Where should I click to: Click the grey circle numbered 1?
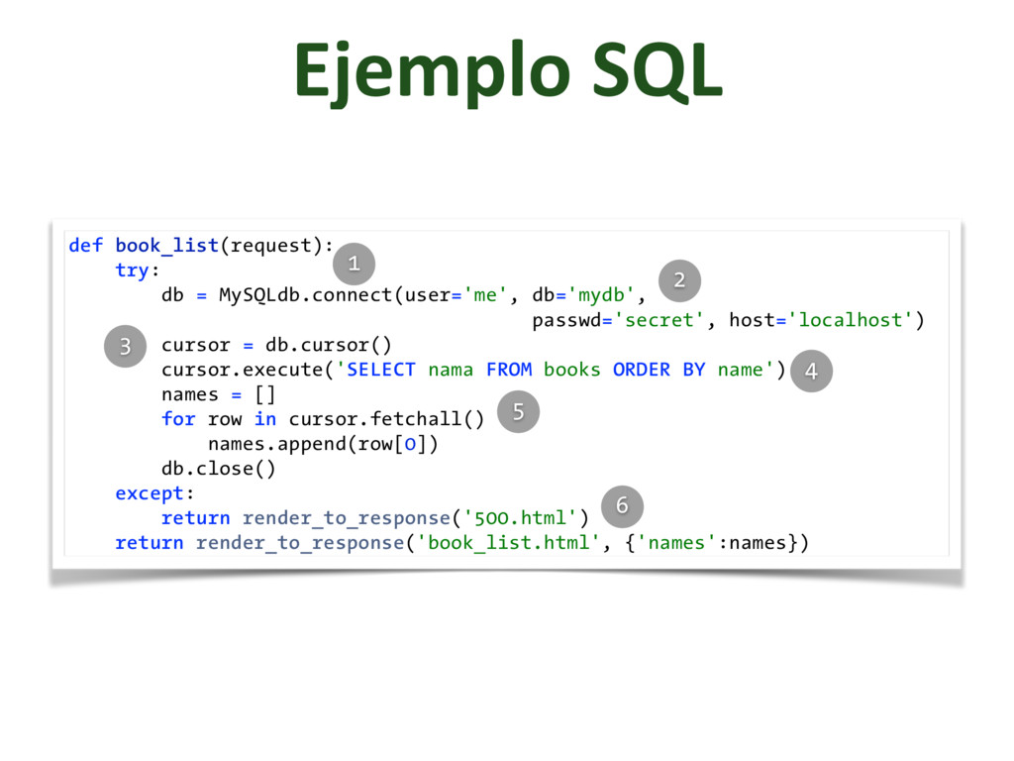[x=354, y=263]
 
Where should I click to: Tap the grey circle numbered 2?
[x=679, y=280]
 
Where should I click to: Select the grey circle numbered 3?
[x=126, y=346]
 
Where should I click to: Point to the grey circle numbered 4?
[x=812, y=372]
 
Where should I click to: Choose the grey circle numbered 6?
[x=622, y=506]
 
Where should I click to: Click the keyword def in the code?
[x=85, y=246]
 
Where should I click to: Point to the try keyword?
[x=131, y=271]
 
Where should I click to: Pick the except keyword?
[x=150, y=493]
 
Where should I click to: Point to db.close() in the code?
[x=219, y=469]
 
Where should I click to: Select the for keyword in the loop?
[x=178, y=419]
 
